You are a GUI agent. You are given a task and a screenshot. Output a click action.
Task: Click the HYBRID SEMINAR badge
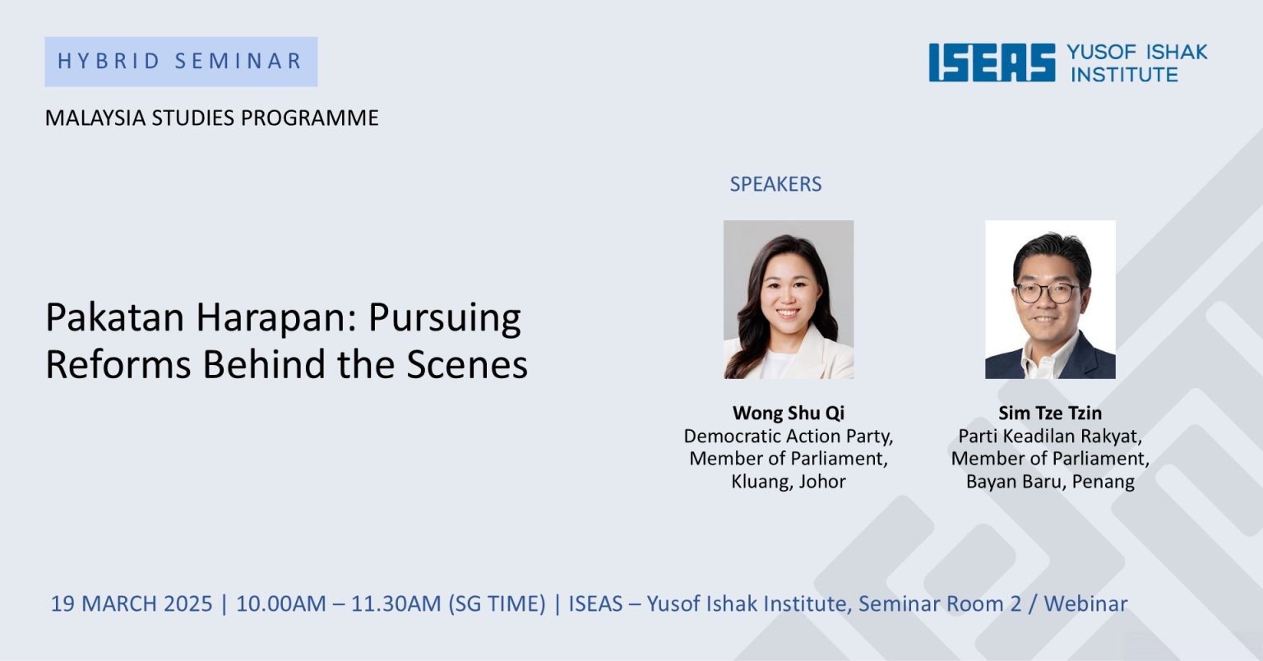pos(181,62)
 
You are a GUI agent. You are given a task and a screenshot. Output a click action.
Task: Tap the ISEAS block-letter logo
pos(992,62)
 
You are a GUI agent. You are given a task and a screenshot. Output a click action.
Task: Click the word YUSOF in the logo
pos(1101,52)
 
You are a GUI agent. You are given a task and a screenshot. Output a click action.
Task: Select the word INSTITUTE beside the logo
pos(1124,75)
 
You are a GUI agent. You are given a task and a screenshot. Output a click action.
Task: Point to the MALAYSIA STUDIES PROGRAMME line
pos(211,118)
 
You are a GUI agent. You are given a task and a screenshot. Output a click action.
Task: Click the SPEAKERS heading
pos(776,184)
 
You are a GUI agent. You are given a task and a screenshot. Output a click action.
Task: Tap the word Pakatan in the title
pos(115,317)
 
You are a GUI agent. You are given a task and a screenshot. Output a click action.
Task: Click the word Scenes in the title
pos(467,364)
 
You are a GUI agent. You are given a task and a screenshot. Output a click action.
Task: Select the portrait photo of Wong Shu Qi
pos(789,299)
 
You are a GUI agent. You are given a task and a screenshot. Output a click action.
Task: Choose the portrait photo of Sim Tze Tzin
pos(1050,299)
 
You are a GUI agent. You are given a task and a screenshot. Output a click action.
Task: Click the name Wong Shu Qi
pos(789,413)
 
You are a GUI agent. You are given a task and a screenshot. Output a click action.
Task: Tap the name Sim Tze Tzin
pos(1050,413)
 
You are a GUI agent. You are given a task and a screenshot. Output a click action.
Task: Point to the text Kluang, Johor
pos(789,481)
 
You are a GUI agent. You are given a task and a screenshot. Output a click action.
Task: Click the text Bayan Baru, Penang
pos(1050,481)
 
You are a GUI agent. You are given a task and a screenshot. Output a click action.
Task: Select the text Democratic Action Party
pos(787,436)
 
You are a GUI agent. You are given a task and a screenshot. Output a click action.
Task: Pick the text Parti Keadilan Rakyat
pos(1048,436)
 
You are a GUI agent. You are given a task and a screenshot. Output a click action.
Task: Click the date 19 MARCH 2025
pos(132,603)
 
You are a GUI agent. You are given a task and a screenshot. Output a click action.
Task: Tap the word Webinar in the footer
pos(1085,603)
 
